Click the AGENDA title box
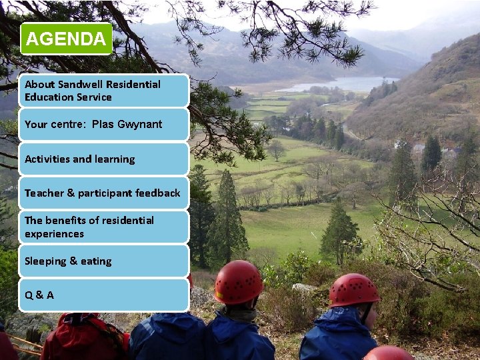tap(66, 39)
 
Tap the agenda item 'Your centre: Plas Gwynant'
tap(103, 125)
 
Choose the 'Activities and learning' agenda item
tap(103, 159)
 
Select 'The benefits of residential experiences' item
tap(103, 227)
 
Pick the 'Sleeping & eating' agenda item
tap(103, 261)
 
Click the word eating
tap(96, 261)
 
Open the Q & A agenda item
tap(103, 295)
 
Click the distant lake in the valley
tap(340, 84)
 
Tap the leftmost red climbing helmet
tap(238, 282)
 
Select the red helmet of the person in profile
tap(353, 289)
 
